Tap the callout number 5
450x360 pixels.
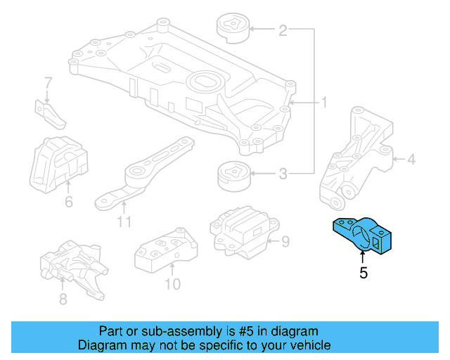(363, 274)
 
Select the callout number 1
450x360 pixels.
(324, 103)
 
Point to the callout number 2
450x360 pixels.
(283, 30)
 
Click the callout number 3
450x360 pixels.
(283, 174)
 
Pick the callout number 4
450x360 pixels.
(411, 160)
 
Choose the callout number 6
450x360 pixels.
(68, 202)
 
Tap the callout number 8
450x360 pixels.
(63, 299)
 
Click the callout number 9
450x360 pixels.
(285, 243)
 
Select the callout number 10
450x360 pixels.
(172, 284)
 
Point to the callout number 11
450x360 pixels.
(124, 222)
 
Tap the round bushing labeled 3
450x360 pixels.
(232, 176)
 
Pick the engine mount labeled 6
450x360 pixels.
(62, 160)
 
